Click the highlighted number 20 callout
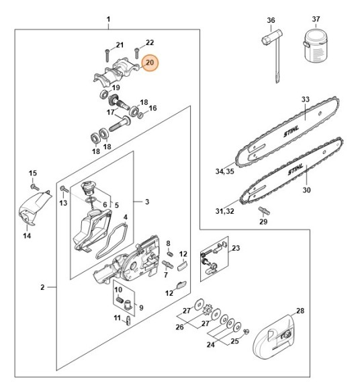click(x=150, y=63)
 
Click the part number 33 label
click(x=306, y=100)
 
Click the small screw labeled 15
click(x=35, y=184)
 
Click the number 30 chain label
click(x=307, y=190)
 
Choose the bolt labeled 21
click(x=107, y=54)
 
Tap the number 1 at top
click(x=109, y=19)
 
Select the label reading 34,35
click(x=224, y=171)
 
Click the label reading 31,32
click(x=224, y=212)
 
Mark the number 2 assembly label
click(x=42, y=287)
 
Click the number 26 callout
click(x=179, y=327)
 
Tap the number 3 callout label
click(x=147, y=201)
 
